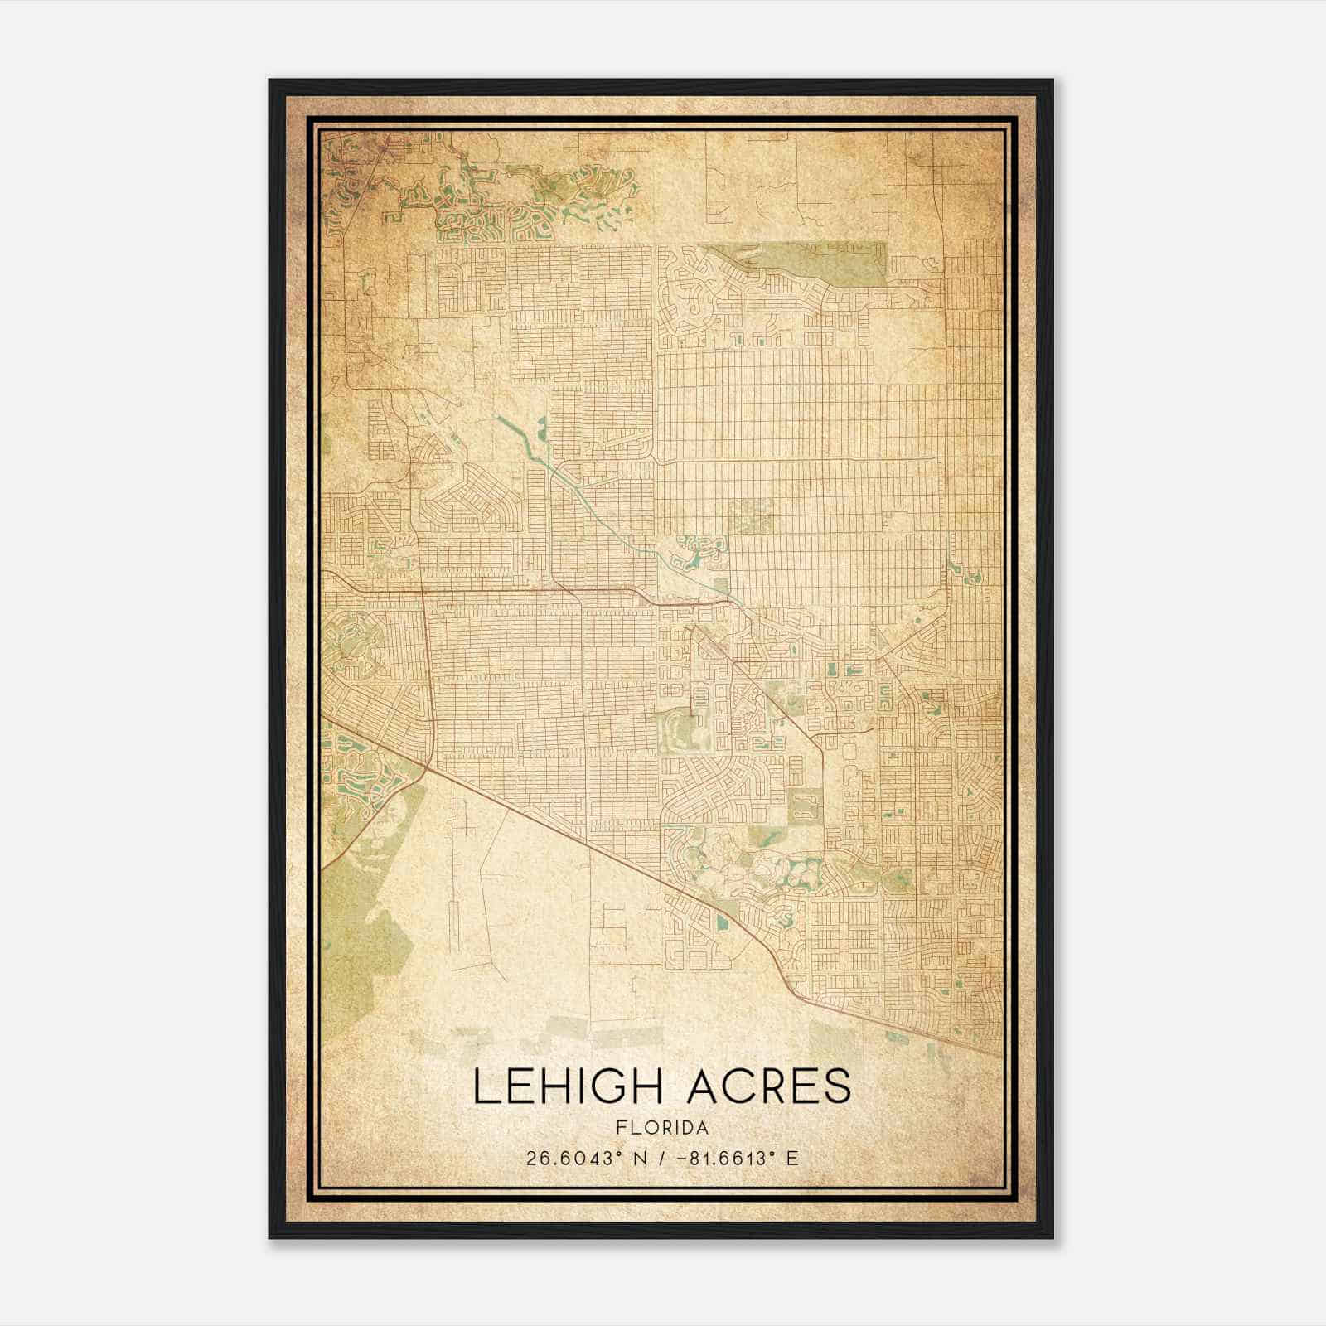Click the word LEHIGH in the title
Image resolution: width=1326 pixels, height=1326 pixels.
(570, 1086)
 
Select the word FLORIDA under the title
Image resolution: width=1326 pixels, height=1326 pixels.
(662, 1128)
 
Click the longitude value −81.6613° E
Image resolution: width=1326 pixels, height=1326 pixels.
(738, 1159)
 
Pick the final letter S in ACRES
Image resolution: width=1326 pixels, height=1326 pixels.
(839, 1086)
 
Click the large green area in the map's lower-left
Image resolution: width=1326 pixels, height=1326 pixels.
(356, 928)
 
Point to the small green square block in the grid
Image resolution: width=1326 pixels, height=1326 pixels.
(751, 515)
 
